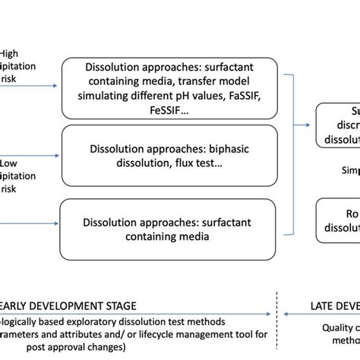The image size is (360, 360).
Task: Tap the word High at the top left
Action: tap(9, 52)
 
